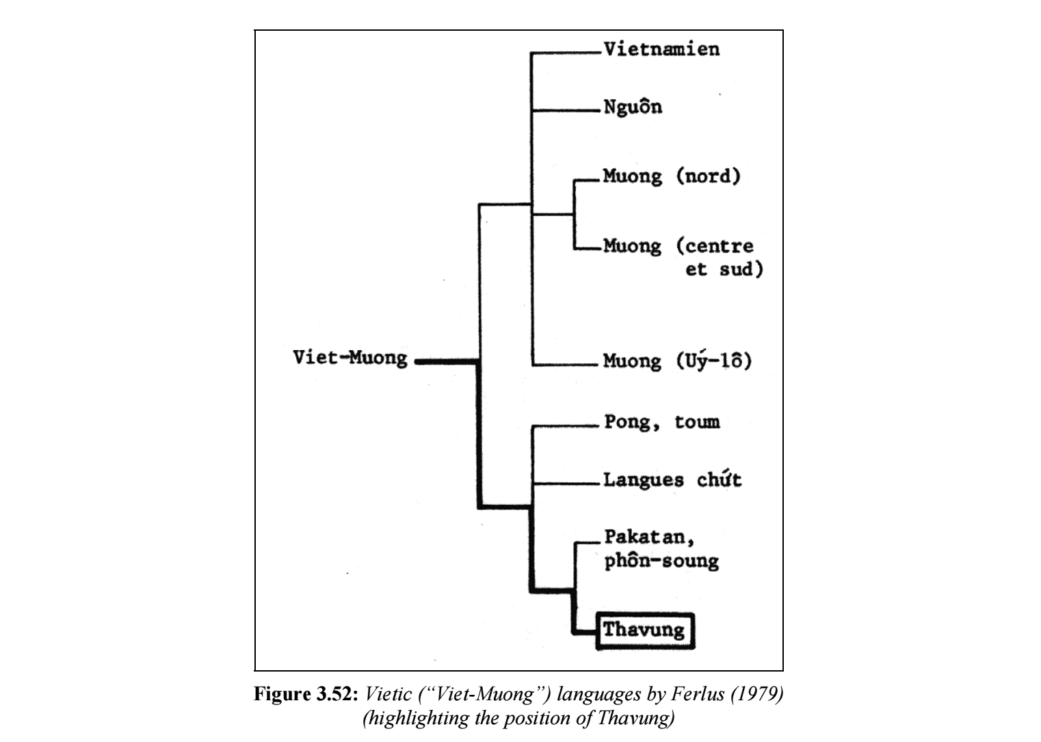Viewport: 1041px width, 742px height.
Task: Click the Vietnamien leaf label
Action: pyautogui.click(x=661, y=49)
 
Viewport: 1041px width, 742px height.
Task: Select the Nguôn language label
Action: pyautogui.click(x=633, y=107)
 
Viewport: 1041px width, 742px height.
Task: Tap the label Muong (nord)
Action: pyautogui.click(x=671, y=176)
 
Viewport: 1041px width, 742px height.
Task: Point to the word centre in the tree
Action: pyautogui.click(x=715, y=246)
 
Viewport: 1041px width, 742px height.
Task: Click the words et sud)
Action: pyautogui.click(x=724, y=269)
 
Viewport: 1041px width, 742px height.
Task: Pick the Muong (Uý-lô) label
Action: pyautogui.click(x=677, y=360)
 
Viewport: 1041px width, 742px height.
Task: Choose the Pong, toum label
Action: pyautogui.click(x=661, y=422)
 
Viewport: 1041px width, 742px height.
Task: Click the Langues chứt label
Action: pyautogui.click(x=672, y=479)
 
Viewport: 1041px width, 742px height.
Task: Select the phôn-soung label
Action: pyautogui.click(x=661, y=561)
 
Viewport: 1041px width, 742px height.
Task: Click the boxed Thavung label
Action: pyautogui.click(x=644, y=630)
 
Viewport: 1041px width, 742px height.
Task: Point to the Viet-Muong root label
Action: pyautogui.click(x=350, y=358)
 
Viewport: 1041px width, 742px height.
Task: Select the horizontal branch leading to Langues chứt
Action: pyautogui.click(x=566, y=483)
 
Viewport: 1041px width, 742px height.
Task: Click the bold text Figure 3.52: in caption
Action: pyautogui.click(x=306, y=695)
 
